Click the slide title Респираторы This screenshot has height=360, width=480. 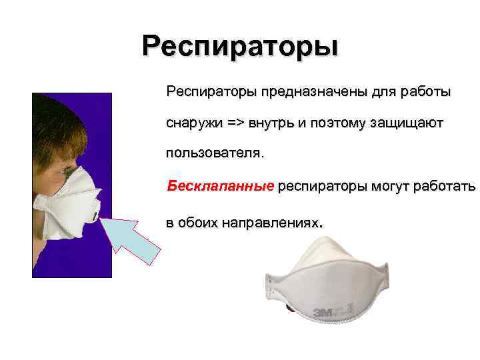240,47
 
